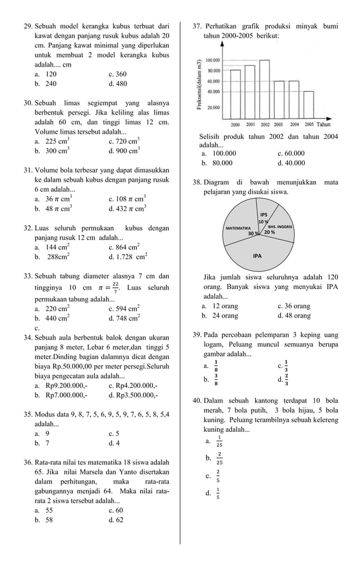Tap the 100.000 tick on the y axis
[x=213, y=60]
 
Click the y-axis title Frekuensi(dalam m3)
[x=200, y=87]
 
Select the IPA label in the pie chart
[x=257, y=256]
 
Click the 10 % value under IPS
[x=263, y=221]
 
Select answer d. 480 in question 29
[x=117, y=84]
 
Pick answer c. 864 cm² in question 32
[x=124, y=247]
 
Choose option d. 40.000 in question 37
[x=291, y=163]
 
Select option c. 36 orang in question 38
[x=293, y=306]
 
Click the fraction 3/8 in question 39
[x=217, y=380]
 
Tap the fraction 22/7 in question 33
[x=115, y=288]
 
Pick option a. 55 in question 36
[x=44, y=510]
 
